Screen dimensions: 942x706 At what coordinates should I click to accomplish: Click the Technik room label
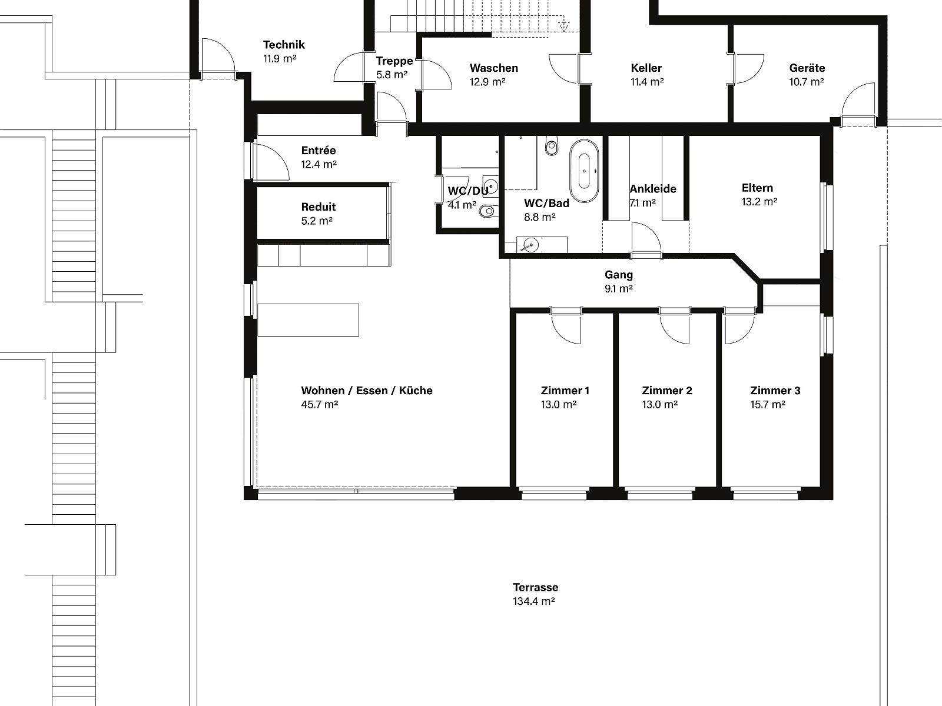(x=284, y=45)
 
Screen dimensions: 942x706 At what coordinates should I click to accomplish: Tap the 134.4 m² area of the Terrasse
(x=533, y=601)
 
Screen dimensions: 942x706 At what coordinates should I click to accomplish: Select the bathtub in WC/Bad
(x=584, y=171)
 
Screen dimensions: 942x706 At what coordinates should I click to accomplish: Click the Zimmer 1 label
(x=565, y=391)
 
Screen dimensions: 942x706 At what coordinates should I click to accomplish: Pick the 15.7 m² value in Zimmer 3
(x=767, y=404)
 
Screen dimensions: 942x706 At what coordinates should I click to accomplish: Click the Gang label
(x=618, y=275)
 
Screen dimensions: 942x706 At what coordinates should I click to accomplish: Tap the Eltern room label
(x=757, y=188)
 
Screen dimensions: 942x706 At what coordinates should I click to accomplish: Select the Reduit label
(x=318, y=207)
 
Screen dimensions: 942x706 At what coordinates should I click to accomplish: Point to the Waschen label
(x=493, y=68)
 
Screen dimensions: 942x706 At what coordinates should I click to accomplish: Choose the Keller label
(x=646, y=68)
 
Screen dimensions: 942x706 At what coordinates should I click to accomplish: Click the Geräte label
(x=807, y=68)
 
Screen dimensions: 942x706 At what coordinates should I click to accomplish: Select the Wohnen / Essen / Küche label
(x=367, y=391)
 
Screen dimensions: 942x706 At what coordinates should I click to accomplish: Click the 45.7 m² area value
(x=319, y=404)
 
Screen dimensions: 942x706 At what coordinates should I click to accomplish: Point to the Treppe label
(x=394, y=61)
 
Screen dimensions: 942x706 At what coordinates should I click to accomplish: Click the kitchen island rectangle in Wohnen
(x=308, y=320)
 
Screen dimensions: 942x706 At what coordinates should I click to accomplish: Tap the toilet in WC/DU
(x=489, y=211)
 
